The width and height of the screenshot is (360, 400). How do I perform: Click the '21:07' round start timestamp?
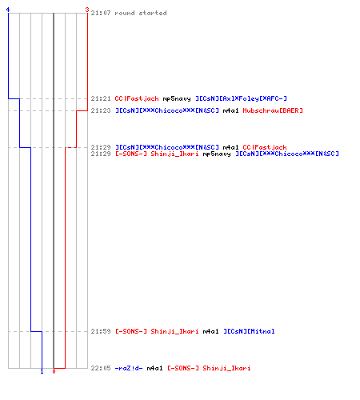point(101,13)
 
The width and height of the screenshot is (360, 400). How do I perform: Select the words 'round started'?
point(141,13)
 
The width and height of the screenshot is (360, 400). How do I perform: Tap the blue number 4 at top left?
point(8,10)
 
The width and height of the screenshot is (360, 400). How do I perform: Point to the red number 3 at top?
point(87,10)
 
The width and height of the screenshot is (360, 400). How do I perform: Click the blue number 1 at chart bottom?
point(42,371)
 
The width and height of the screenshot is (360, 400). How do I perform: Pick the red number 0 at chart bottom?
point(54,371)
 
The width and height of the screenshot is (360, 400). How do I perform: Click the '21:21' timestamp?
point(101,98)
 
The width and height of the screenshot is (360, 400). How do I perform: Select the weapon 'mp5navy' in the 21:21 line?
point(177,98)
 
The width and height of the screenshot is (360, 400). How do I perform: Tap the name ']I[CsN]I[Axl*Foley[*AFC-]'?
point(241,98)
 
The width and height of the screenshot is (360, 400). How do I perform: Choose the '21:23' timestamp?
point(101,110)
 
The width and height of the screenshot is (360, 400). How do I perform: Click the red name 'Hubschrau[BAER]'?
point(273,110)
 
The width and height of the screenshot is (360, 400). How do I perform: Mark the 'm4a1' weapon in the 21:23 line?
point(230,110)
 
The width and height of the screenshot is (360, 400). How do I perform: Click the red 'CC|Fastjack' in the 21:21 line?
point(137,98)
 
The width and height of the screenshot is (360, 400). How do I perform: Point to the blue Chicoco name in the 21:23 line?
point(167,110)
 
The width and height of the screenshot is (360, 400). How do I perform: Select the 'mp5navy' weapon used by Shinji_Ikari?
point(217,154)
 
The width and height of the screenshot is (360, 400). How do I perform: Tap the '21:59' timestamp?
point(101,331)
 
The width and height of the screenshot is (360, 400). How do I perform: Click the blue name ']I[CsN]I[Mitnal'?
point(249,331)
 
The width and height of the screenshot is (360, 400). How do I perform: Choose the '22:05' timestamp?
point(101,368)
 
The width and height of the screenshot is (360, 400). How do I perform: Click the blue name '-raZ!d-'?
point(129,368)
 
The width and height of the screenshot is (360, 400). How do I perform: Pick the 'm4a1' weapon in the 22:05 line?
point(154,368)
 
